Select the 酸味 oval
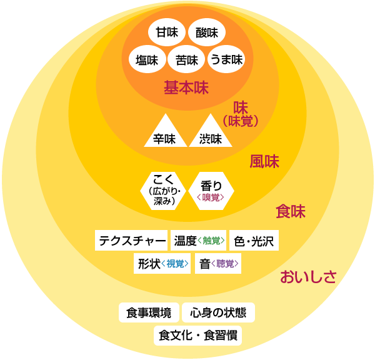pyautogui.click(x=206, y=33)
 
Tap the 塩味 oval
pyautogui.click(x=147, y=60)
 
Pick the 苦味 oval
pyautogui.click(x=187, y=60)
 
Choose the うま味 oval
pyautogui.click(x=225, y=60)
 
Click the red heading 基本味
pyautogui.click(x=186, y=87)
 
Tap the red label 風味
pyautogui.click(x=264, y=162)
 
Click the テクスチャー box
pyautogui.click(x=132, y=240)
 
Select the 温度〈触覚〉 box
pyautogui.click(x=199, y=240)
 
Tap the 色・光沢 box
pyautogui.click(x=254, y=240)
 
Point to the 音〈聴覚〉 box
pyautogui.click(x=219, y=264)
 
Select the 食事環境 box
pyautogui.click(x=148, y=312)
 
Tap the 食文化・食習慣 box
pyautogui.click(x=197, y=336)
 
